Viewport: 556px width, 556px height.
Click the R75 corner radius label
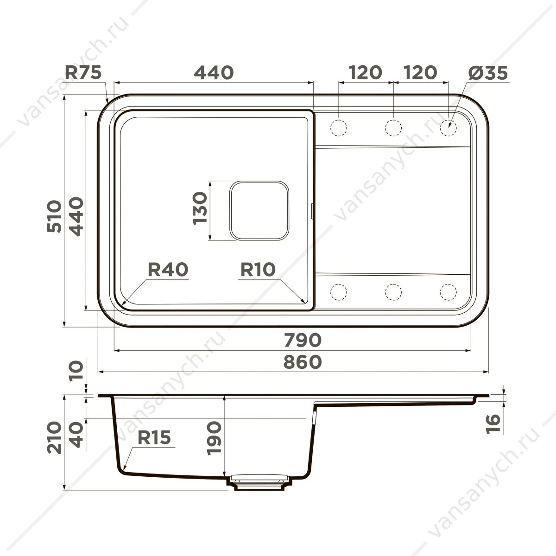pos(83,72)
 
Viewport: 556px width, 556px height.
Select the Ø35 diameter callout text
pos(487,73)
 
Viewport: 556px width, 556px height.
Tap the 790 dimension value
pos(303,340)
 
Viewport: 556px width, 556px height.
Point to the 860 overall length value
pos(303,362)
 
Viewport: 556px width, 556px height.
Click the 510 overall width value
pos(54,216)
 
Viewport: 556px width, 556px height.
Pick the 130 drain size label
pos(200,208)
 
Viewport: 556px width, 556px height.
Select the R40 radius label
pos(168,269)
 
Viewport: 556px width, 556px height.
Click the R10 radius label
pos(258,269)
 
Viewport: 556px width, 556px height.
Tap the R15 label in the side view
pos(154,437)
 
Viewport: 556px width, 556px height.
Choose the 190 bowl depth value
pos(215,439)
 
